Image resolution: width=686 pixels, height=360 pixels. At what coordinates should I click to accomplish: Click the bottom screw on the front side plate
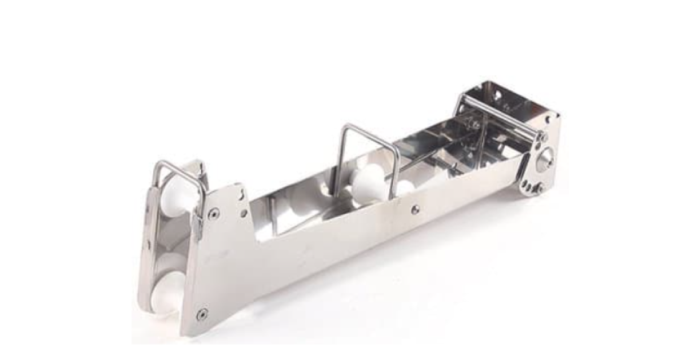[201, 314]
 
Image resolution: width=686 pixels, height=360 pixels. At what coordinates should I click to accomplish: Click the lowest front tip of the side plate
[184, 333]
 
